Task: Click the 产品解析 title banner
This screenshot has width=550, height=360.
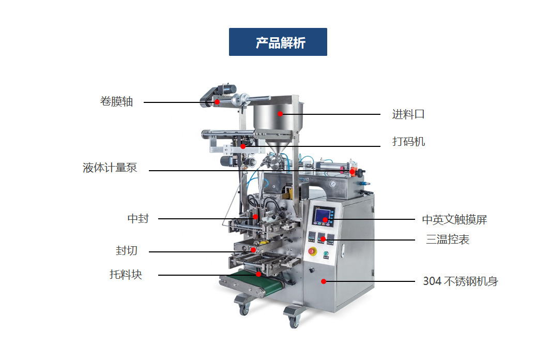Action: [278, 42]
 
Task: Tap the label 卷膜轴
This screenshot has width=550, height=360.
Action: [116, 102]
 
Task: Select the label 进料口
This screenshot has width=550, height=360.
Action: [408, 114]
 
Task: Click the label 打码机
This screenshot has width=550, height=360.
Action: [408, 142]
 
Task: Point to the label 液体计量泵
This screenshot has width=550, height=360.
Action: [110, 168]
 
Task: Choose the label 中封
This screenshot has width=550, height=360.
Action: [138, 219]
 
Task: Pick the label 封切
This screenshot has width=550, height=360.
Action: [127, 251]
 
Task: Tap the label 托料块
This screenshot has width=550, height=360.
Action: [126, 274]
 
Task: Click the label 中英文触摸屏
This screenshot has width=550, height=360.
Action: [454, 220]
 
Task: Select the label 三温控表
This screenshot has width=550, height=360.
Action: [448, 239]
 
